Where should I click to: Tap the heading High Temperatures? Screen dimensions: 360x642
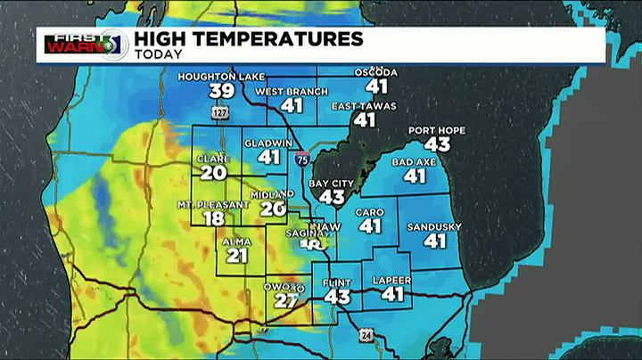click(248, 38)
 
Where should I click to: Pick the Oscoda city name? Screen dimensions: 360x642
click(375, 72)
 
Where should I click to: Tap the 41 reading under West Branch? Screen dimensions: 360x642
click(292, 105)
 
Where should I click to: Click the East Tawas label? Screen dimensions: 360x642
click(364, 105)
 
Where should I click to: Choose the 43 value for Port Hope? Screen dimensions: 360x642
click(437, 144)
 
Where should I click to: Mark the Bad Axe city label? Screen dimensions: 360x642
click(414, 162)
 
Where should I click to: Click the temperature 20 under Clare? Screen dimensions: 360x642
click(213, 173)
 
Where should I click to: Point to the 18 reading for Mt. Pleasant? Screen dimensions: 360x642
click(213, 219)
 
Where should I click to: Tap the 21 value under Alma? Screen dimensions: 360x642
click(236, 256)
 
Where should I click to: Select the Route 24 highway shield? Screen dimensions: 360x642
click(366, 335)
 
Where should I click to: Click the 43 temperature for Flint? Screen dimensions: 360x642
click(337, 297)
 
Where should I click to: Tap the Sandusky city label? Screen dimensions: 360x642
click(433, 226)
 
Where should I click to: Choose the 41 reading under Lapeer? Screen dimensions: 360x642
click(392, 293)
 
